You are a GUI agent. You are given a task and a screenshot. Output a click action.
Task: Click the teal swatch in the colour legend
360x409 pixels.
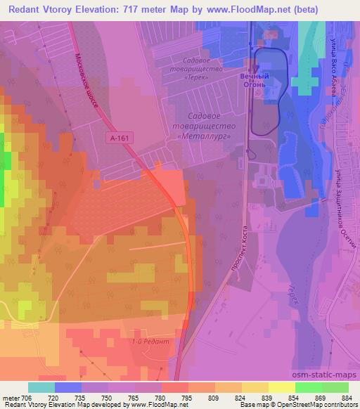41,387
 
